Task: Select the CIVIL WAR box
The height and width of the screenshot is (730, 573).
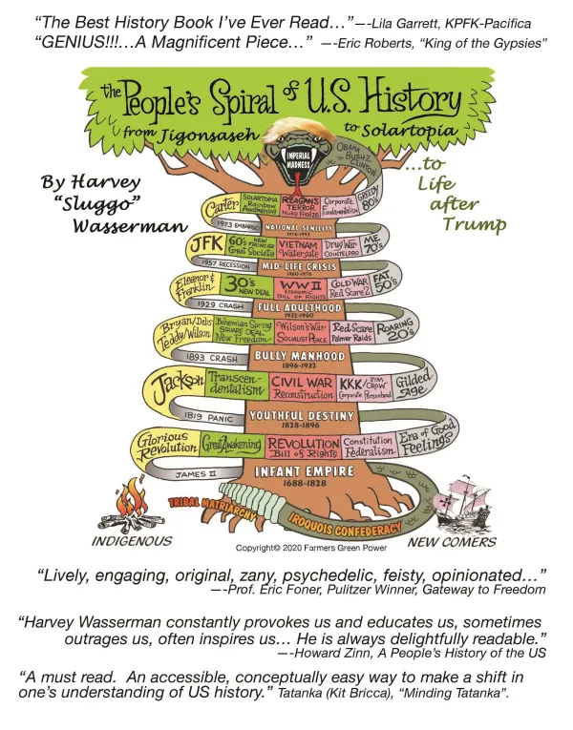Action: click(302, 386)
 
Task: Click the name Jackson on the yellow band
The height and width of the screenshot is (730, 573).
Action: click(179, 382)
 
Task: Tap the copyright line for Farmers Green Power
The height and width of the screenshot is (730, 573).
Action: click(300, 548)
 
